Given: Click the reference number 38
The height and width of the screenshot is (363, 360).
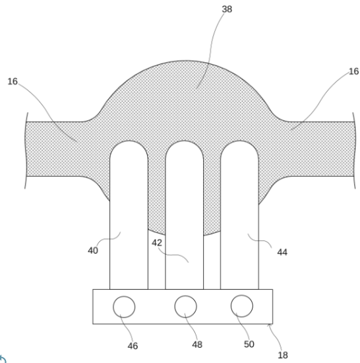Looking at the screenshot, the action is click(x=227, y=9).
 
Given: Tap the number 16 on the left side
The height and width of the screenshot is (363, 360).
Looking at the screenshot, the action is click(x=13, y=81).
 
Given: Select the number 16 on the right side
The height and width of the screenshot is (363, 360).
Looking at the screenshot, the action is click(x=353, y=71).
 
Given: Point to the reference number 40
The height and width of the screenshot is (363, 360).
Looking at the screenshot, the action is click(x=93, y=251).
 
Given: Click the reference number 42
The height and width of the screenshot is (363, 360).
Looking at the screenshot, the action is click(x=157, y=243).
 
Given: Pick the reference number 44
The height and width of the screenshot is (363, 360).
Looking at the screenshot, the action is click(x=282, y=252).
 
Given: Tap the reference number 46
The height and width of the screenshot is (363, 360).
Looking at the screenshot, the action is click(x=133, y=346).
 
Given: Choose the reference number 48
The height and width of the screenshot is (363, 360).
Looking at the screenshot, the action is click(x=197, y=345).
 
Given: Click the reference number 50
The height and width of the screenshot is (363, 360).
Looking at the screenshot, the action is click(x=249, y=345).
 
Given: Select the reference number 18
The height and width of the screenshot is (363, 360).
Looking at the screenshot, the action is click(x=283, y=355).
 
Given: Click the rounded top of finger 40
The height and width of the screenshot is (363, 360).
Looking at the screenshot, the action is click(x=129, y=141).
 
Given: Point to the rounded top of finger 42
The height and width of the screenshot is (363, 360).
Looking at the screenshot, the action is click(x=184, y=141).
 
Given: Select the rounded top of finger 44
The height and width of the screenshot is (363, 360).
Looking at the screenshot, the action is click(x=239, y=141).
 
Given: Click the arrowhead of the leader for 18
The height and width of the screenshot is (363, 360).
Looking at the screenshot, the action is click(x=268, y=325).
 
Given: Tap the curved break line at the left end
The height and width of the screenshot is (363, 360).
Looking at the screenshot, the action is click(x=25, y=150).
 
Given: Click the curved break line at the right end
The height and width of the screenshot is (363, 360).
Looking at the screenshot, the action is click(x=355, y=150).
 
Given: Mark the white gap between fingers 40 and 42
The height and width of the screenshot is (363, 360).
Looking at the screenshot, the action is click(x=156, y=261).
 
